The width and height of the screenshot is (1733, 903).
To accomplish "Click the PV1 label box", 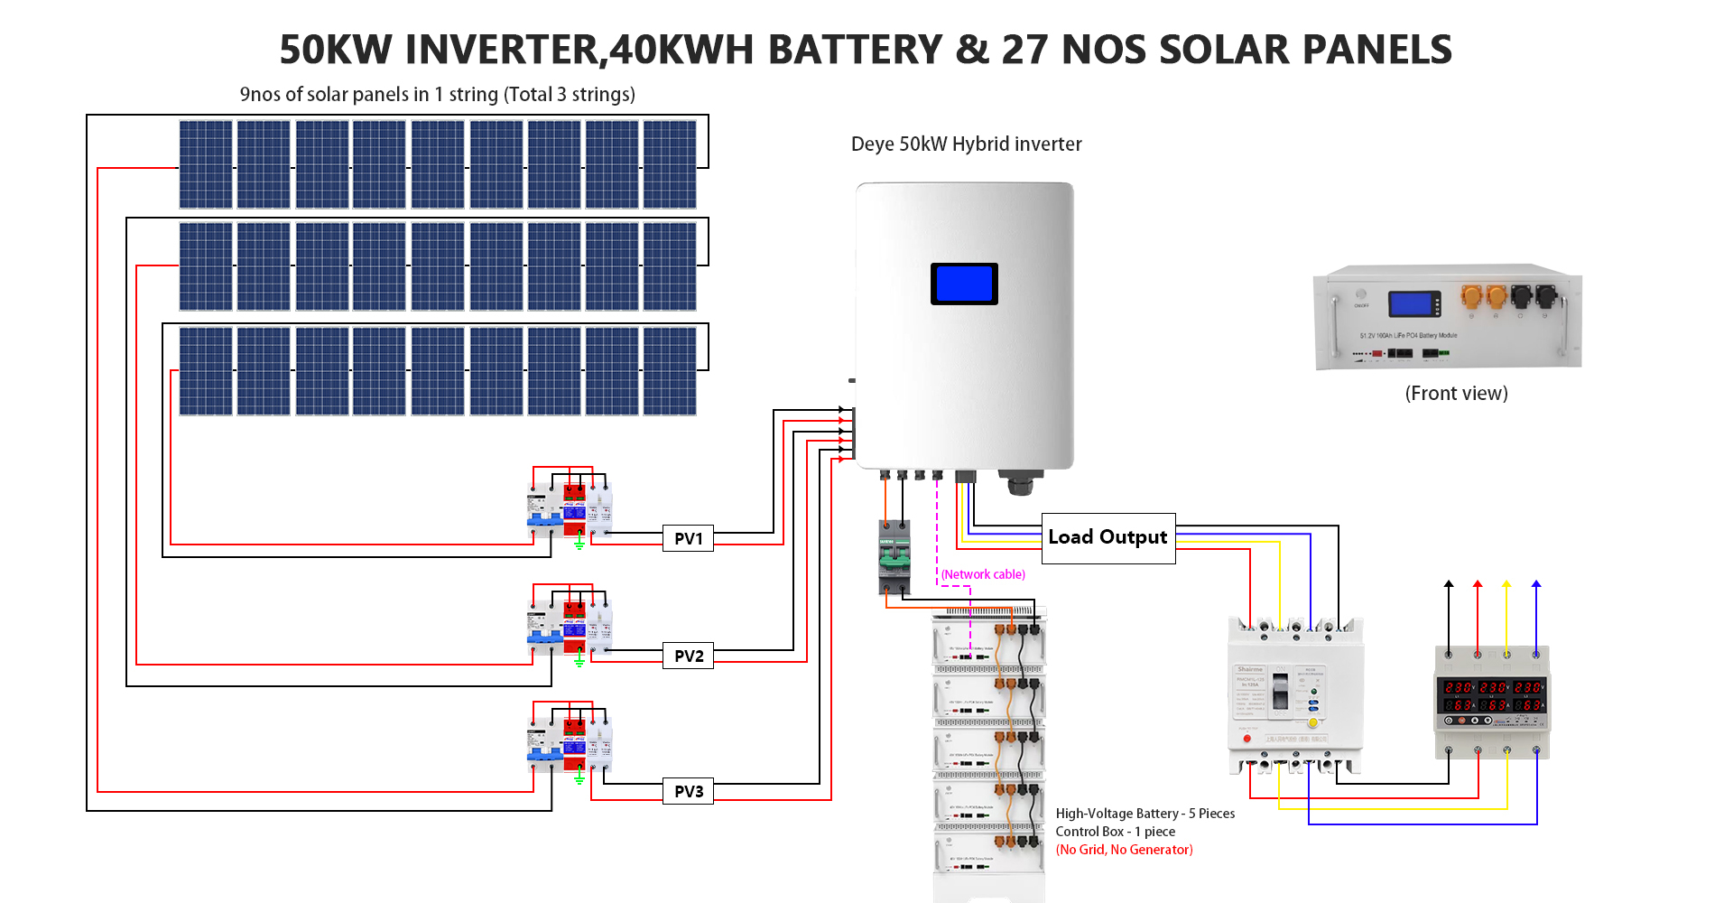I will click(x=688, y=538).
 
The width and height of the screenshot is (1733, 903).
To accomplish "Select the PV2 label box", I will click(x=688, y=656).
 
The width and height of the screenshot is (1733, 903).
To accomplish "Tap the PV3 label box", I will click(x=688, y=791).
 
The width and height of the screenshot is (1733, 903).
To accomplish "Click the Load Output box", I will click(x=1107, y=537).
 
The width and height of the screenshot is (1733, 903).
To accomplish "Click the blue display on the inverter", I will click(x=964, y=284).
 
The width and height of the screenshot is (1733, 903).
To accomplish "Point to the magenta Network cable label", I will click(x=983, y=574).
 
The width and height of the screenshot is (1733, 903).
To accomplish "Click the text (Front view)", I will click(x=1456, y=393).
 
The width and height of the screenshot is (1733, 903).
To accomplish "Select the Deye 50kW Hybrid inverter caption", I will click(x=966, y=144).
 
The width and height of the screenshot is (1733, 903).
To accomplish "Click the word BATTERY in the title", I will click(x=854, y=50).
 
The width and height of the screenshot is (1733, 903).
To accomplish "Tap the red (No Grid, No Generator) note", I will click(x=1124, y=850).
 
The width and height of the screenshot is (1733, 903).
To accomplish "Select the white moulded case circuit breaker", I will click(x=1295, y=695).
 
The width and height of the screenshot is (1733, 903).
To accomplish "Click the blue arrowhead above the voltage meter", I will click(x=1536, y=585).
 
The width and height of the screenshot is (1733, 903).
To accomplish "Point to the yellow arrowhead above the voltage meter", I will click(x=1506, y=585).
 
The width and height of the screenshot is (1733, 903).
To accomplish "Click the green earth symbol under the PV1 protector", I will click(x=579, y=544).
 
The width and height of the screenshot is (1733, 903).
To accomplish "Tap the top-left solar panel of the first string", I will click(x=206, y=164).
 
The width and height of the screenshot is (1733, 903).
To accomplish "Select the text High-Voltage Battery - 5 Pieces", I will click(x=1145, y=814).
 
